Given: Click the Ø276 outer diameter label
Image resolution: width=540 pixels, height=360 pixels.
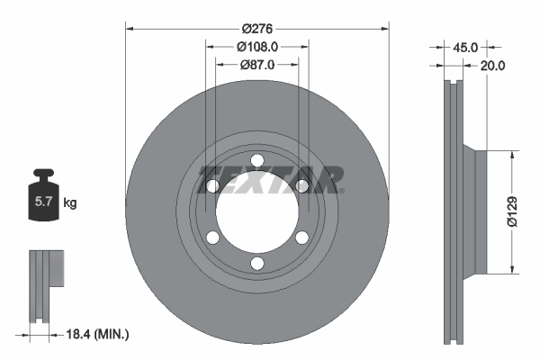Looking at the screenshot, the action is pos(256,29).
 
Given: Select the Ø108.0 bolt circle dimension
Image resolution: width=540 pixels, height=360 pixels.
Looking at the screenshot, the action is pos(257,47).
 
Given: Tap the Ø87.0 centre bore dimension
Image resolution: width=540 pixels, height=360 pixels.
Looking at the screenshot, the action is pos(257,65).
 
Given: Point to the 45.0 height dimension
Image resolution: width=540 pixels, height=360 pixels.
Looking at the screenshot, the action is pos(465,48).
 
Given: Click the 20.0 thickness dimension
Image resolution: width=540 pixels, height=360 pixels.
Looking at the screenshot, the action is pos(492,66).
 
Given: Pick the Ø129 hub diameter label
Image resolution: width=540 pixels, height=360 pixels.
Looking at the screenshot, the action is pos(512,211).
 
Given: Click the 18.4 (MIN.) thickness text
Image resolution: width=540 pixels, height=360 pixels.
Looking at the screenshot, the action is pos(97,334).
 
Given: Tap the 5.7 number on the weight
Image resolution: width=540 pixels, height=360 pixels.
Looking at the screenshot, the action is pos(43,202).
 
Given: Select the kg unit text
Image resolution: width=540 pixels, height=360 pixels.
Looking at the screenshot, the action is pos(70,202).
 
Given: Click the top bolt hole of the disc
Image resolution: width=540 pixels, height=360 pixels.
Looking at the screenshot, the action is pos(257,160).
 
